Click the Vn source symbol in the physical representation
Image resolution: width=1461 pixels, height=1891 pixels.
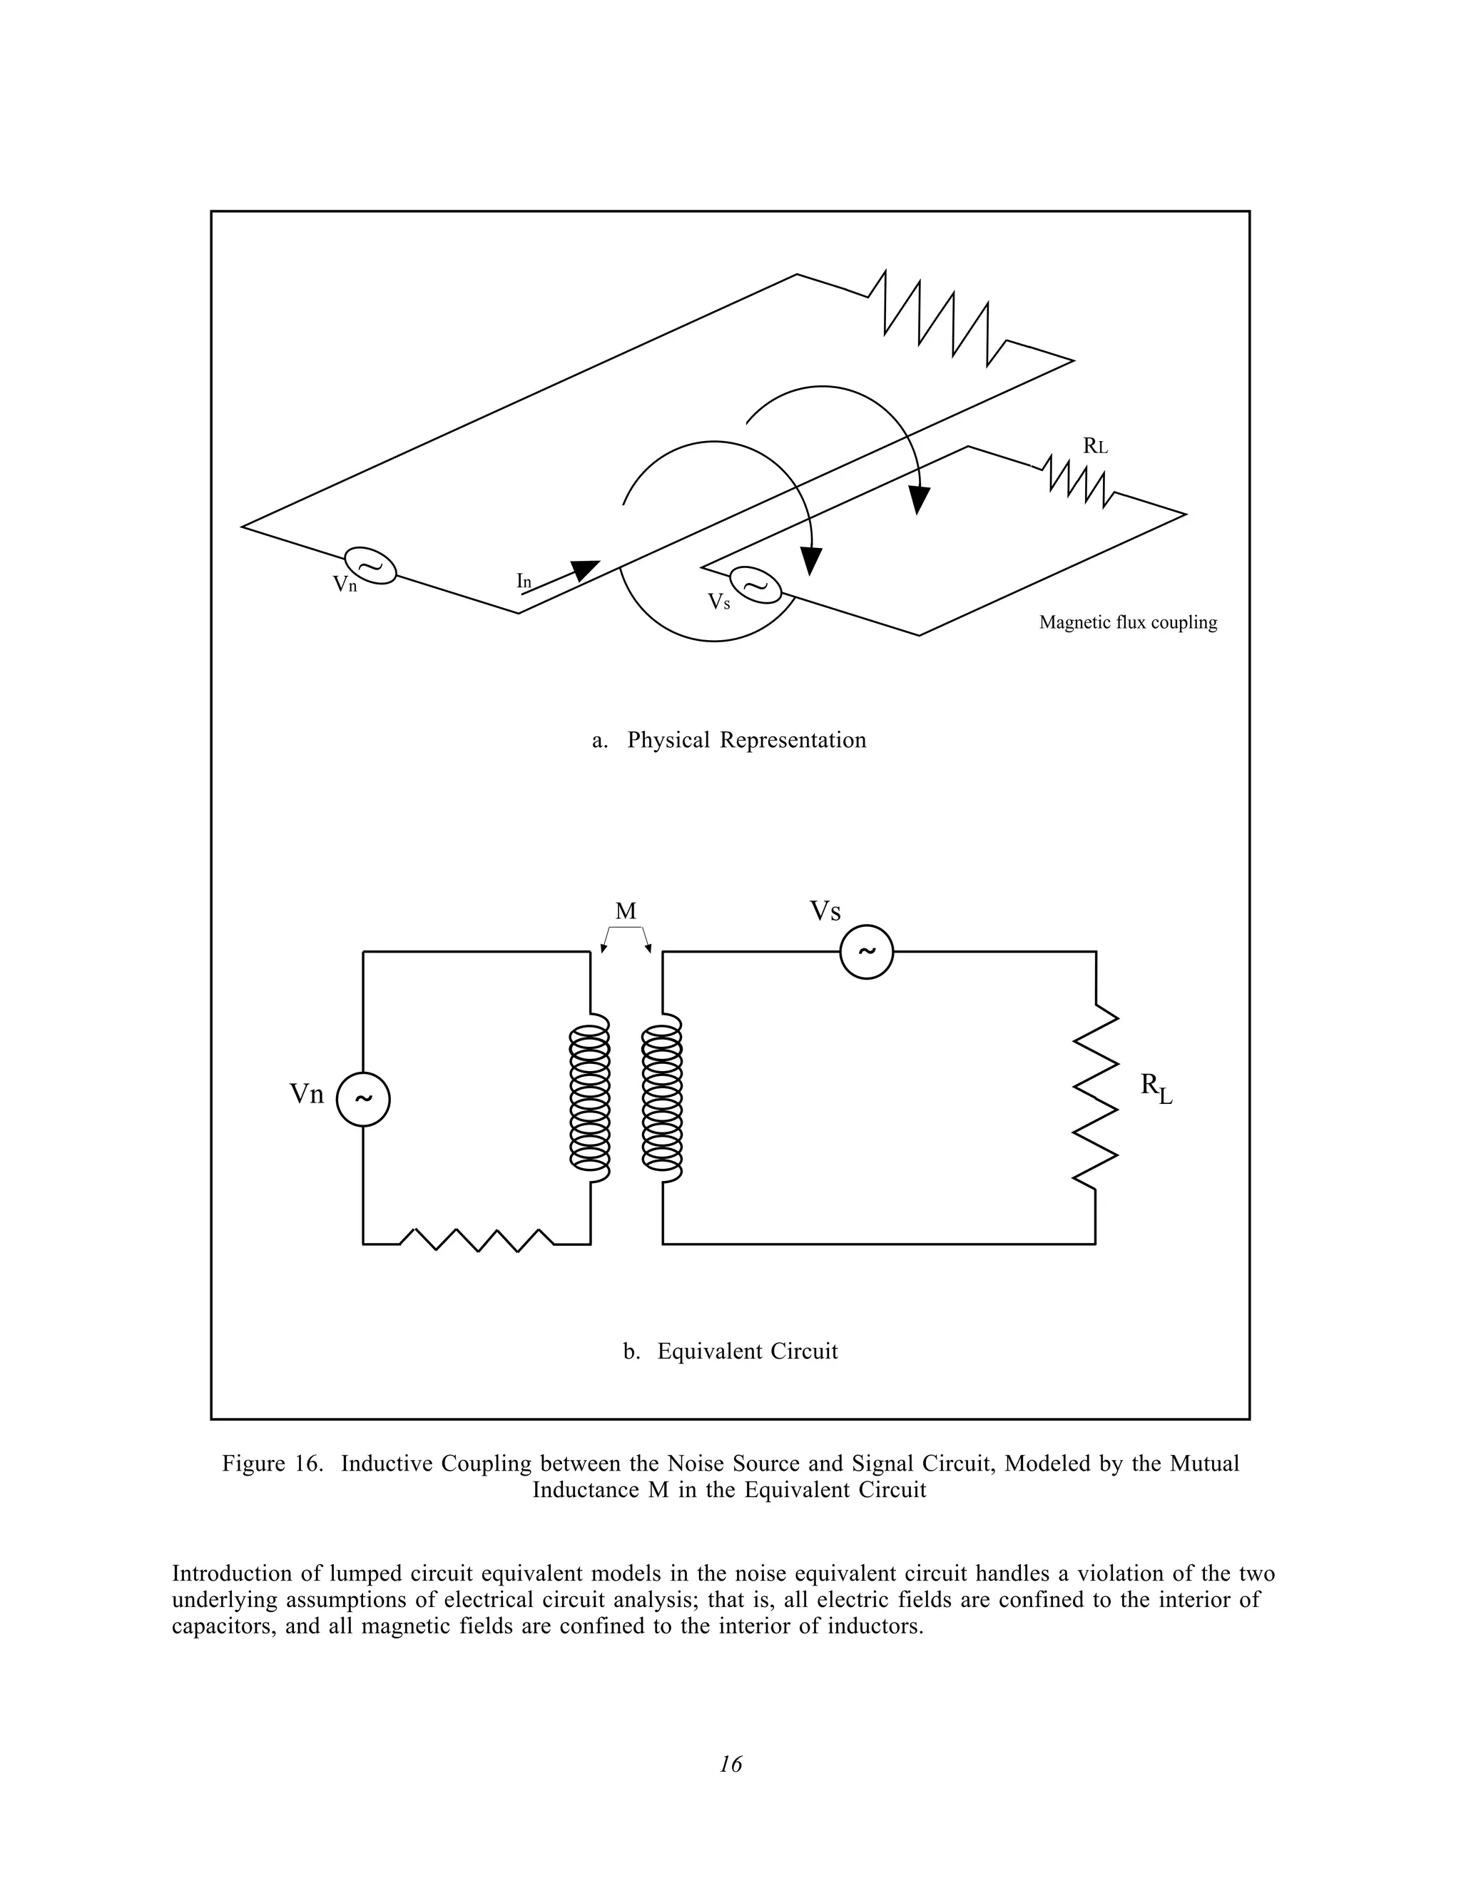(x=370, y=565)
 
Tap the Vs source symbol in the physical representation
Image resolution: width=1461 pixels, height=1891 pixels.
(x=755, y=585)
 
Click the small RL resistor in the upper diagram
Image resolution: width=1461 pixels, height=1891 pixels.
(x=1079, y=482)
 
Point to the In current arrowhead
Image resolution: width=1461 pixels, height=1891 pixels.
(x=586, y=569)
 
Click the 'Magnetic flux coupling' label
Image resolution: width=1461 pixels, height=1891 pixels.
(x=1127, y=622)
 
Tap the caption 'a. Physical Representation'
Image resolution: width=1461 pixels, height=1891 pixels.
(x=729, y=740)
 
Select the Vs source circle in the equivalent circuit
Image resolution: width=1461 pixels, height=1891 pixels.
(x=866, y=951)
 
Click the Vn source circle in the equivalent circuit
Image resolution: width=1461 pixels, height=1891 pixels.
(x=362, y=1099)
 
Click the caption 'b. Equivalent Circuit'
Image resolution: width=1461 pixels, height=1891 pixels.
(x=730, y=1352)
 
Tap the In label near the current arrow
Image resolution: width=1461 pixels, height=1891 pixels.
(x=524, y=581)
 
